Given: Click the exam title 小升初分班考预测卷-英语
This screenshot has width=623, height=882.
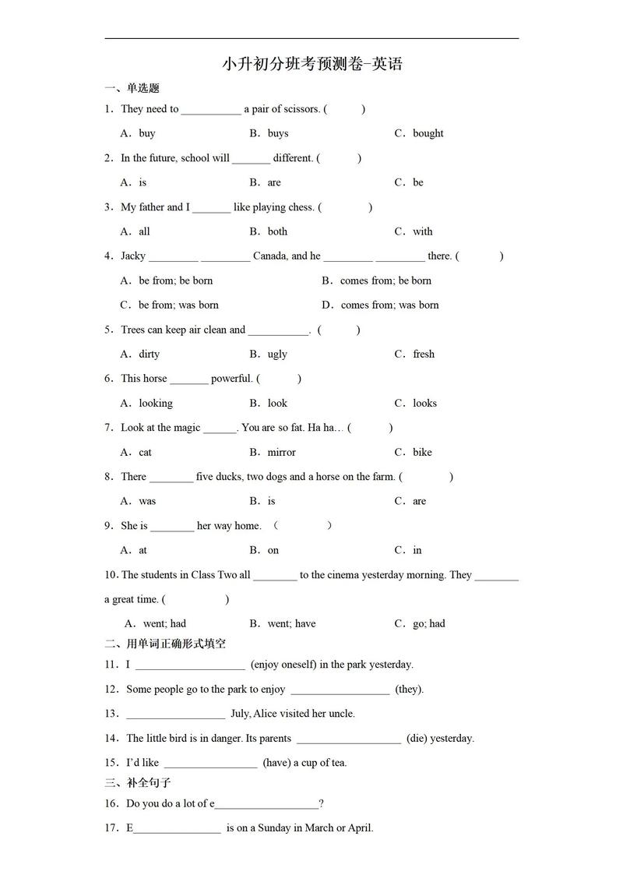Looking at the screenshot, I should [x=311, y=64].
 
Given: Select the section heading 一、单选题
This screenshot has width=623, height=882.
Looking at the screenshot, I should [x=132, y=88].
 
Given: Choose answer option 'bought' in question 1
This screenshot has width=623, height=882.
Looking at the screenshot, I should [x=428, y=133].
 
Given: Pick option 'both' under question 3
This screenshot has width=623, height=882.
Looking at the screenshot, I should [x=277, y=231].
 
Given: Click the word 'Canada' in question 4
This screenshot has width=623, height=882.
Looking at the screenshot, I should [x=269, y=256].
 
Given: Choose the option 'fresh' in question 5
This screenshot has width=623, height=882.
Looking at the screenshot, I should [x=424, y=354].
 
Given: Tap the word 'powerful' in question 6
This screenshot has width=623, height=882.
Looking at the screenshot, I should [x=231, y=379].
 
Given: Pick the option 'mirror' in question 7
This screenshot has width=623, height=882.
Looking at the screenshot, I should [x=281, y=452].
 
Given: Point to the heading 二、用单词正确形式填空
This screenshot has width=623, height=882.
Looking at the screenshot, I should [x=165, y=644].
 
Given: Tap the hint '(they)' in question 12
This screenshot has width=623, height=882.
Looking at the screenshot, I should [x=409, y=690].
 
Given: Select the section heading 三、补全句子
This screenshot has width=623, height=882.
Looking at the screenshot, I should [x=138, y=782].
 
